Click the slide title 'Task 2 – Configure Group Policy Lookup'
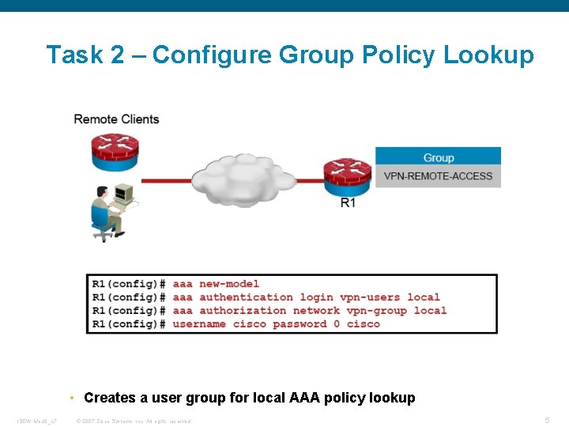tap(290, 55)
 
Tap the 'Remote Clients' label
tap(116, 119)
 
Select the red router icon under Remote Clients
tap(115, 151)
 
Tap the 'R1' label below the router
tap(348, 203)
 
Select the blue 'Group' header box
tap(438, 157)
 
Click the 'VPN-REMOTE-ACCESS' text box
tap(438, 176)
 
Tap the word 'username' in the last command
tap(199, 324)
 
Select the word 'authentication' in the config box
tap(246, 297)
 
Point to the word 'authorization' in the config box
tap(243, 311)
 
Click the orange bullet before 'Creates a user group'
tap(72, 398)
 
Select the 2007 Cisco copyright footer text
tap(134, 420)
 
